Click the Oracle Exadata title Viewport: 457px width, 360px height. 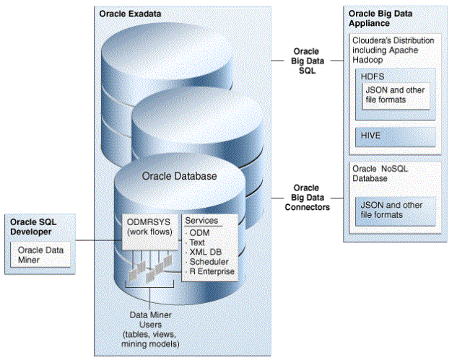130,14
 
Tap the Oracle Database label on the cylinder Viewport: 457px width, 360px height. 179,176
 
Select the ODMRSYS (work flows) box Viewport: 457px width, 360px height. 149,232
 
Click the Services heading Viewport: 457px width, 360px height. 201,221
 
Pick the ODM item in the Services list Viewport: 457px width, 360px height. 199,233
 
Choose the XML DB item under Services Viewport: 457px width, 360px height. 206,252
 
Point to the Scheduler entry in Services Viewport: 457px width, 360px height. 209,262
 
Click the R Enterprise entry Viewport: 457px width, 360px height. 212,271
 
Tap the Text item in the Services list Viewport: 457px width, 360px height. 197,242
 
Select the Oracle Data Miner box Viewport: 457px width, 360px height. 40,255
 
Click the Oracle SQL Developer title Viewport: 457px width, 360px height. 33,227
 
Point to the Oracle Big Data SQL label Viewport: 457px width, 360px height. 307,61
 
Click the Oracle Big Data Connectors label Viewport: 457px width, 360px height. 307,198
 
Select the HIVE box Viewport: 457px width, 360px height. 396,136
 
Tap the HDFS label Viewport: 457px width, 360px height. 373,76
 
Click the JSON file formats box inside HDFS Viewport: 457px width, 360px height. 396,96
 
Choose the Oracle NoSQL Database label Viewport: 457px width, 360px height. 380,174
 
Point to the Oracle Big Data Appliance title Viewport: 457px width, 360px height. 380,18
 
